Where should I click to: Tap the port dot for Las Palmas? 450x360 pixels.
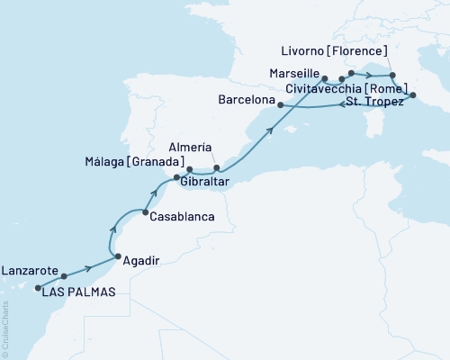click(39, 289)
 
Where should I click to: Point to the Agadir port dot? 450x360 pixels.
click(116, 259)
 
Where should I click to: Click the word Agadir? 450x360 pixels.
click(140, 260)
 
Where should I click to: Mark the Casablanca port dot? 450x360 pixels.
click(144, 213)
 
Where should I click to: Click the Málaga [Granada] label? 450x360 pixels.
click(133, 162)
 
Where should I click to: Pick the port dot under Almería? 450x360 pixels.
click(216, 167)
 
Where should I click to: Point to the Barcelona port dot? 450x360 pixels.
click(281, 105)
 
